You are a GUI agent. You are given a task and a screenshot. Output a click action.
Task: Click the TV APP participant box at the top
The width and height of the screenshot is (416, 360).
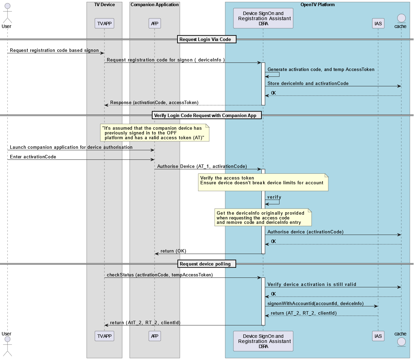[104, 24]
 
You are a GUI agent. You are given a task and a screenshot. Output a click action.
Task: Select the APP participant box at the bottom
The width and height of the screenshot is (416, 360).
[155, 336]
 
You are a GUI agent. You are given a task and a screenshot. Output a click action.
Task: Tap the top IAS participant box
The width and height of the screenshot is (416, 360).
[378, 24]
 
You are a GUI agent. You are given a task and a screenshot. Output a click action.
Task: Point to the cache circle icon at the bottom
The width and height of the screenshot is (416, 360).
[401, 342]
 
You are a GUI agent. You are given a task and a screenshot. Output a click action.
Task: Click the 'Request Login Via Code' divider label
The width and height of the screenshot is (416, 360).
[205, 40]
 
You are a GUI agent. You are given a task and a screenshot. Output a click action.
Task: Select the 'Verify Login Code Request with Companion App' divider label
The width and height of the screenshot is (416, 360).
[205, 115]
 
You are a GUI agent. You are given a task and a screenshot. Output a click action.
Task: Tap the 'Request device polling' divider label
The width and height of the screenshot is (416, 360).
[205, 264]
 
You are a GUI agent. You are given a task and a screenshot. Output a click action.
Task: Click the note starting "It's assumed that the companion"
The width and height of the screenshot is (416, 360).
[155, 133]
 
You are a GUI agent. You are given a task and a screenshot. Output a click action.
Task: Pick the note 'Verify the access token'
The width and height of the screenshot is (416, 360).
[263, 182]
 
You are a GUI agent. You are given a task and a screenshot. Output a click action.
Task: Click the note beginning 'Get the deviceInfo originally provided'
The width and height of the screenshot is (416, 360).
[263, 218]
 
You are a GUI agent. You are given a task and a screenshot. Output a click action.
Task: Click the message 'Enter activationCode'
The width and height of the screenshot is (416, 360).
[33, 157]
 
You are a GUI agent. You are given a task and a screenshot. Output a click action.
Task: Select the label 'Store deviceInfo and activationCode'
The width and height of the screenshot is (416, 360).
[308, 84]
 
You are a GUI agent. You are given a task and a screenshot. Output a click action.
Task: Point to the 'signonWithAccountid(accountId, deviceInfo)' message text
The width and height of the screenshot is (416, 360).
[315, 304]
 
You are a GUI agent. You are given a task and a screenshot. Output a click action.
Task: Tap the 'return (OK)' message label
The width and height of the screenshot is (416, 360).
[173, 251]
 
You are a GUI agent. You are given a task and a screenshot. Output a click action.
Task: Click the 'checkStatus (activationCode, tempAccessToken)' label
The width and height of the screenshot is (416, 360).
[160, 275]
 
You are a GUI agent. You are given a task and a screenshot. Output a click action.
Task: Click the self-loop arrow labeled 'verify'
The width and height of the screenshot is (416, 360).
[274, 201]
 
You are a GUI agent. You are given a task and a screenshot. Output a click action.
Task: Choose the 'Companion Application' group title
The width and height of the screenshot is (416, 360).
[155, 5]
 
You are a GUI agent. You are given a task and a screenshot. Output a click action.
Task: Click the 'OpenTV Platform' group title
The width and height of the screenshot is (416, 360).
[317, 5]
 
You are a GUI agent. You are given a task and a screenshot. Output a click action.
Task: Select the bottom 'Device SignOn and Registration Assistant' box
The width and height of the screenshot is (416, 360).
[263, 341]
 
